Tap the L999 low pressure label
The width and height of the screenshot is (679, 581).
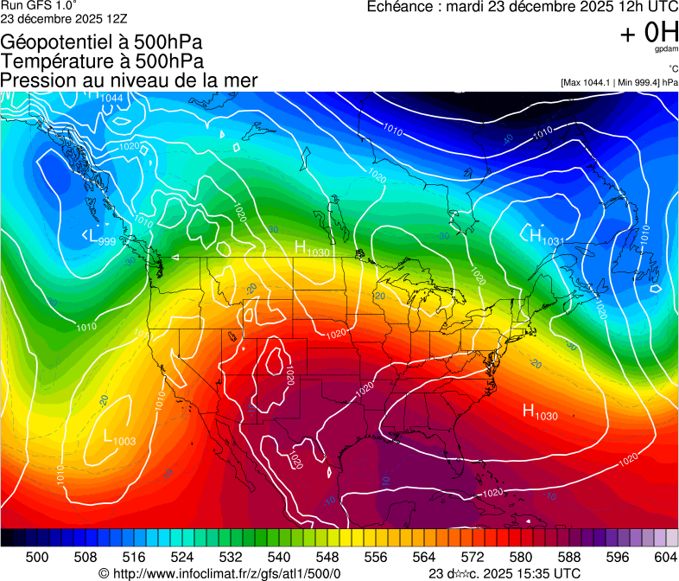[99, 238]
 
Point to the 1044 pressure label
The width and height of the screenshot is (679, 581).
[111, 98]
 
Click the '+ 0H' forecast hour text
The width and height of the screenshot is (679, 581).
[649, 33]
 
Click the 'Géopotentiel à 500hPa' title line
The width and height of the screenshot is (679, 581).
[103, 42]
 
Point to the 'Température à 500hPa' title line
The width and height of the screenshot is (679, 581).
[102, 61]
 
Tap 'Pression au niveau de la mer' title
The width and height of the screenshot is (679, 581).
[129, 80]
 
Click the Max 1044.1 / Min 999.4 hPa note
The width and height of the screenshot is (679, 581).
[619, 82]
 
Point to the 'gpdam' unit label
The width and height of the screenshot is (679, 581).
[666, 50]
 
